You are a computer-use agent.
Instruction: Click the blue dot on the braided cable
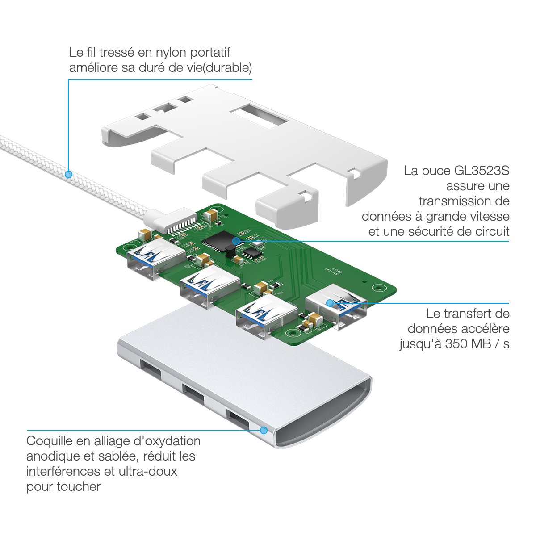pyautogui.click(x=68, y=174)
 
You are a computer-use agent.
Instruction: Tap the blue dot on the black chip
pyautogui.click(x=236, y=241)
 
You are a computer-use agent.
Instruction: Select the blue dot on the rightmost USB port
pyautogui.click(x=330, y=303)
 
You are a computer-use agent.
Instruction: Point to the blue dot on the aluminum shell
pyautogui.click(x=264, y=431)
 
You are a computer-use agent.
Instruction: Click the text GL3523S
pyautogui.click(x=482, y=171)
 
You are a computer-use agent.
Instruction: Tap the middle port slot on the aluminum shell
pyautogui.click(x=193, y=394)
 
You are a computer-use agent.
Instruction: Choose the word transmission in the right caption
pyautogui.click(x=464, y=201)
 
